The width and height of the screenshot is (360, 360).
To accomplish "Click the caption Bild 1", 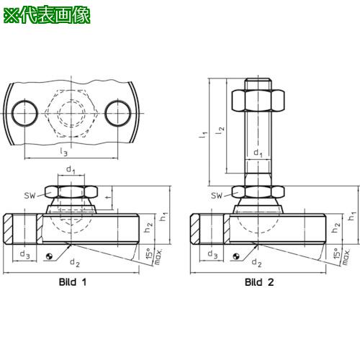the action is click(x=73, y=282).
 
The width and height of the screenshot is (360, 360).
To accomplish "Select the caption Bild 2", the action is click(x=259, y=282).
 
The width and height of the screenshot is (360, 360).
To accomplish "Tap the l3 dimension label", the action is click(x=63, y=152).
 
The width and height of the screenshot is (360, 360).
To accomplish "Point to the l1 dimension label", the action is click(x=203, y=135).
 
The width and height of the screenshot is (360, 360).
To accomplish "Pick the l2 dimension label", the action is click(x=220, y=130).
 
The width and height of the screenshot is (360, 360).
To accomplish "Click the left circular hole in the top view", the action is click(x=25, y=113).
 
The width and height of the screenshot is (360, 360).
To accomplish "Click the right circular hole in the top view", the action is click(x=118, y=113).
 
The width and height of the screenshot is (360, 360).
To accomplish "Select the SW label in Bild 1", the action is click(x=30, y=196).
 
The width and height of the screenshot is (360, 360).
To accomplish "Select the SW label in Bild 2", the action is click(x=217, y=196).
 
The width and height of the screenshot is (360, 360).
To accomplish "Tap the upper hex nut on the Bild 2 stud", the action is click(x=258, y=100).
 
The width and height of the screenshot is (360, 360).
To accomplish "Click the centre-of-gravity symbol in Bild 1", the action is click(x=49, y=256).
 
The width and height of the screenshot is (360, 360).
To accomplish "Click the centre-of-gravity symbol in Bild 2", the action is click(x=236, y=256).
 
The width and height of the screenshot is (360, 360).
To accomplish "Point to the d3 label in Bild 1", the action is click(x=24, y=254).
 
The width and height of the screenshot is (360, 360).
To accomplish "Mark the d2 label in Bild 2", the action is click(x=256, y=262).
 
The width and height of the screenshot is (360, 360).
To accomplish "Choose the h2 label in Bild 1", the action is click(x=148, y=228).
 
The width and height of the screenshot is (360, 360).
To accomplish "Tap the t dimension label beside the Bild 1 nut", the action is click(x=109, y=197).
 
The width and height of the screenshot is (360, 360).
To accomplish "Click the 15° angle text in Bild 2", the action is click(x=337, y=253).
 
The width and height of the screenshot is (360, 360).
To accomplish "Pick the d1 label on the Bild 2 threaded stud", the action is click(x=258, y=153).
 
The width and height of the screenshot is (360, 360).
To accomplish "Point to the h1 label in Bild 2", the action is click(x=352, y=215).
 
